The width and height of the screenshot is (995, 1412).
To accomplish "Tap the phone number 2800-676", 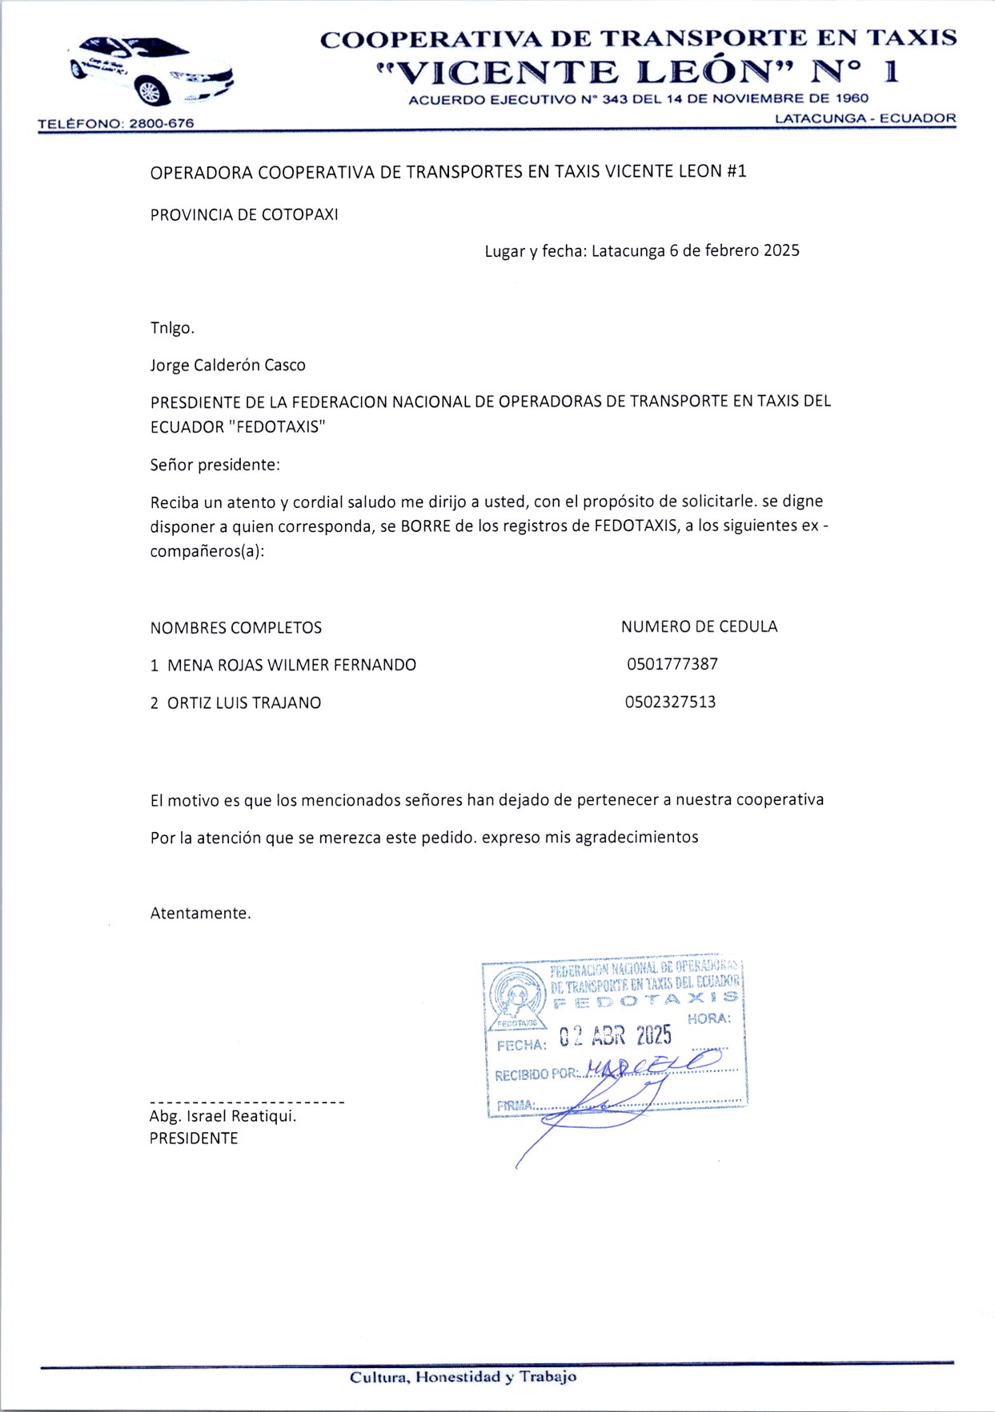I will pyautogui.click(x=162, y=124).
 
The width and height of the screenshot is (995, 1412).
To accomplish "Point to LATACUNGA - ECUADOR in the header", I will pyautogui.click(x=865, y=118).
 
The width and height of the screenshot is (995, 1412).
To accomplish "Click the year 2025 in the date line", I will pyautogui.click(x=781, y=250).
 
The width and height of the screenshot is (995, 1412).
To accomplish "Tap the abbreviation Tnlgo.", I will pyautogui.click(x=172, y=328).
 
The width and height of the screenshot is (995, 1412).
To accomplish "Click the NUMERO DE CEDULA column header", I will pyautogui.click(x=699, y=626).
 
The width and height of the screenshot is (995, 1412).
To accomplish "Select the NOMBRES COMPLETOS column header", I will pyautogui.click(x=236, y=628).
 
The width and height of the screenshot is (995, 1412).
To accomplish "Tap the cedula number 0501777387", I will pyautogui.click(x=672, y=664).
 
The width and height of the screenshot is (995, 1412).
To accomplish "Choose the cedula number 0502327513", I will pyautogui.click(x=671, y=702).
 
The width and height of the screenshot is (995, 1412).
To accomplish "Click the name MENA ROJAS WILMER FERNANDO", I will pyautogui.click(x=291, y=665).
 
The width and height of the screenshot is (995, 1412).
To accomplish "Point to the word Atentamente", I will pyautogui.click(x=200, y=914).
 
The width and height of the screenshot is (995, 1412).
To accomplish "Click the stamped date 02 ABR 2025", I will pyautogui.click(x=615, y=1037).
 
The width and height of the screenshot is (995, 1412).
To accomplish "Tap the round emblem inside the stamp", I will pyautogui.click(x=516, y=995).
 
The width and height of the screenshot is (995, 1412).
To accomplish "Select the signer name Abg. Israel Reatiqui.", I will pyautogui.click(x=223, y=1116).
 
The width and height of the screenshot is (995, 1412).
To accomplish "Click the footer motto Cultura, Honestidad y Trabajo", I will pyautogui.click(x=463, y=1377).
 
